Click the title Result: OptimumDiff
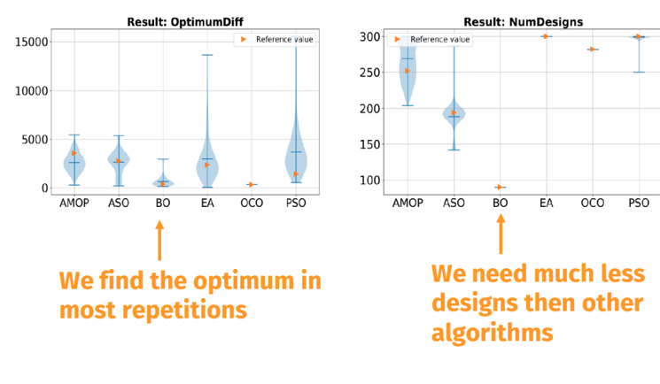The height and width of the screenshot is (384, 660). [185, 22]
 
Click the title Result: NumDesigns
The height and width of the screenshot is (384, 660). [524, 22]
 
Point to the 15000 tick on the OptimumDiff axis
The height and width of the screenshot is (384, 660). [32, 42]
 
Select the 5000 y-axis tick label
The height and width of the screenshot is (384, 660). [35, 140]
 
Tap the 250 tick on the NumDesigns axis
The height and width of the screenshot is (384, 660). [370, 73]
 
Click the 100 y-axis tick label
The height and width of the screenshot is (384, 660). [370, 180]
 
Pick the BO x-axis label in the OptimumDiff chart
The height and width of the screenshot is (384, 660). [163, 204]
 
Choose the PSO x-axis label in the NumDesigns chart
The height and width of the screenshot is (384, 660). [639, 204]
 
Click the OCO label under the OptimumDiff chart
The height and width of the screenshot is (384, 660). [252, 204]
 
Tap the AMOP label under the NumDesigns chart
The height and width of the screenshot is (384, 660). [408, 204]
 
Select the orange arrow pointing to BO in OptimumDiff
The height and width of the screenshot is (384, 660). [159, 241]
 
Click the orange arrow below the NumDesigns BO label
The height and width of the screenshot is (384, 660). [501, 234]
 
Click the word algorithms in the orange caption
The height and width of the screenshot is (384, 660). [492, 333]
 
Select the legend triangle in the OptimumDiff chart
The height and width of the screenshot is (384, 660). [244, 39]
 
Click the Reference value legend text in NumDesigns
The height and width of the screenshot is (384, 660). [440, 39]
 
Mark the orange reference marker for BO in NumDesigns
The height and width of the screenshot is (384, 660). [500, 188]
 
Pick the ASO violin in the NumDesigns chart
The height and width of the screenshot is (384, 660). [454, 112]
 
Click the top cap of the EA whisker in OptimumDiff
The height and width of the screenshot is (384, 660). [207, 55]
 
